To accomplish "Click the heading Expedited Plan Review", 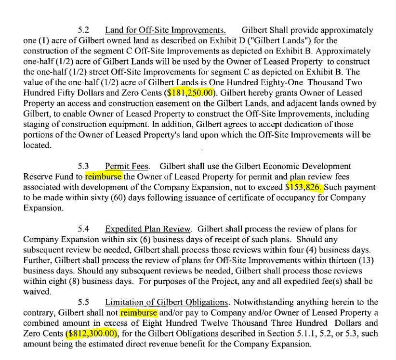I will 149,229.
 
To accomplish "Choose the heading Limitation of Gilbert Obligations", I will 166,302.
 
